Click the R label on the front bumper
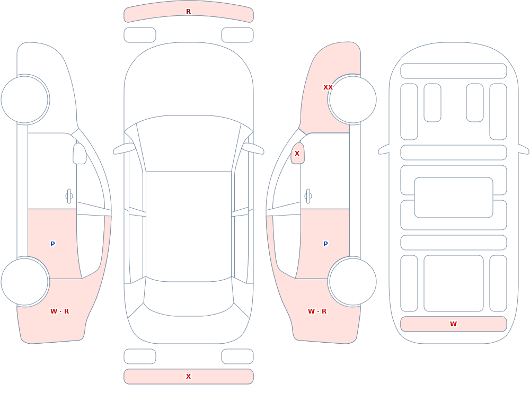tap(188, 12)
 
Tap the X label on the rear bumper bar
tap(188, 377)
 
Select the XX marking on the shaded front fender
tap(328, 87)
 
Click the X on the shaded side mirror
tap(297, 154)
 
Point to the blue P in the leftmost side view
tap(52, 244)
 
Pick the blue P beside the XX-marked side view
tap(325, 244)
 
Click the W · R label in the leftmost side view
tap(59, 311)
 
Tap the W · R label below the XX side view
tap(317, 311)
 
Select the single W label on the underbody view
tap(453, 324)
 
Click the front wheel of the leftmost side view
tap(24, 100)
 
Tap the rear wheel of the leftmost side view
tap(24, 281)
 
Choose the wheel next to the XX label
tap(353, 100)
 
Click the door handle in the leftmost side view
tap(69, 196)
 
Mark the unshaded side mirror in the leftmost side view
tap(79, 154)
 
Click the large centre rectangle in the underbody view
tap(454, 198)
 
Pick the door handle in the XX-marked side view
tap(308, 196)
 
